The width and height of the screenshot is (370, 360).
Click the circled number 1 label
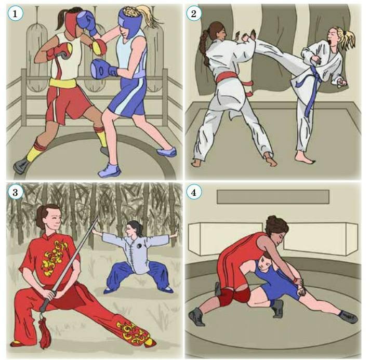(16, 14)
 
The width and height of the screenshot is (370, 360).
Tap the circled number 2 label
(193, 14)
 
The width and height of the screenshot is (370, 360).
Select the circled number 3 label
(16, 192)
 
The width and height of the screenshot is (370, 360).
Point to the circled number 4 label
(193, 192)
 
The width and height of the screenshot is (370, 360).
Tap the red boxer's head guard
(71, 23)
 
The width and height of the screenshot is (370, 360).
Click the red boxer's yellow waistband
(63, 83)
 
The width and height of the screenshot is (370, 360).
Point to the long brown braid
(204, 47)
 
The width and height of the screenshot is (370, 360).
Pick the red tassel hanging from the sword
(45, 332)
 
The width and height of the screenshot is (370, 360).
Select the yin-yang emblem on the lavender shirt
(140, 246)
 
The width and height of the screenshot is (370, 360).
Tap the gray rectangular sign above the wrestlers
(273, 197)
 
